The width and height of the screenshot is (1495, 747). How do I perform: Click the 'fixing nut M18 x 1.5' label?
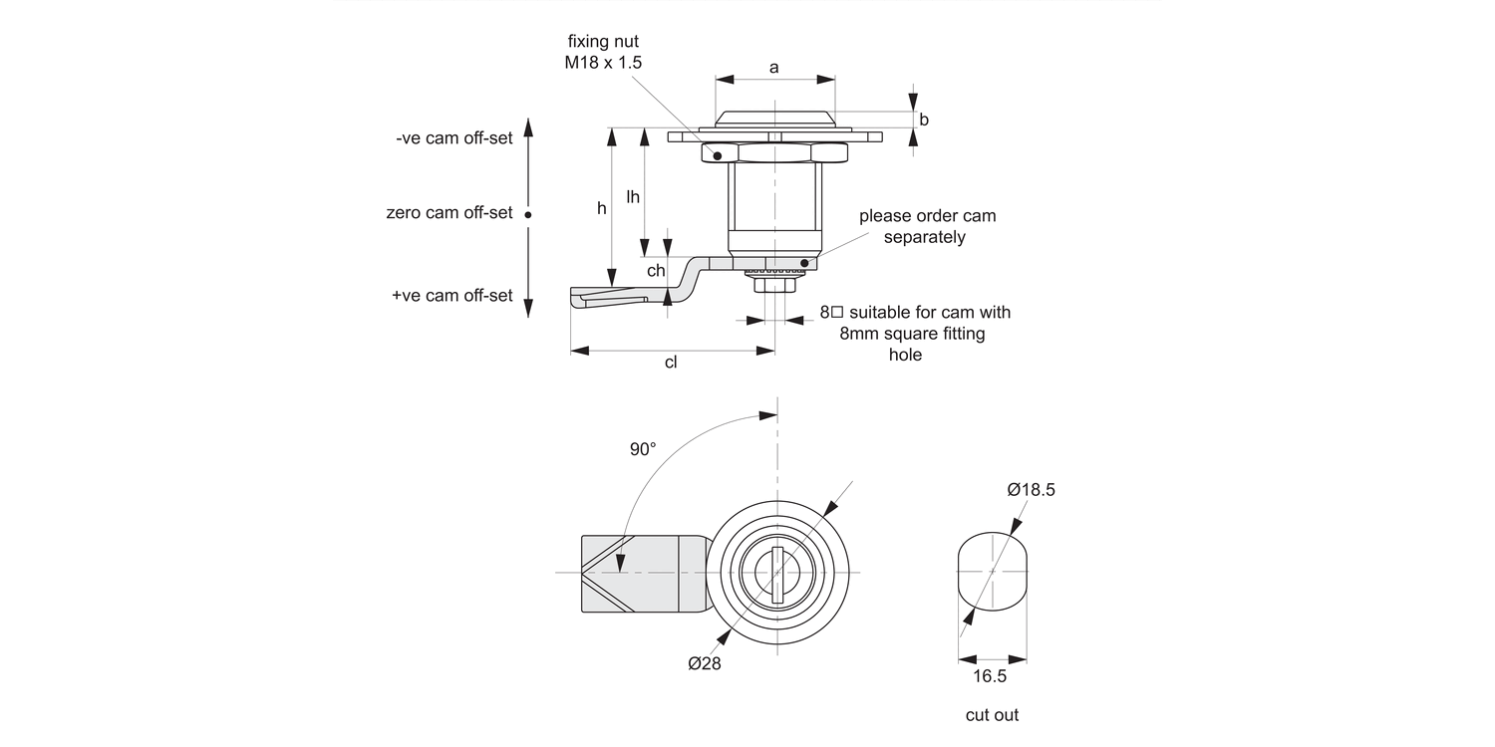click(603, 52)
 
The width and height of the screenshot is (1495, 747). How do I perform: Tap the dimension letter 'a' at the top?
click(773, 68)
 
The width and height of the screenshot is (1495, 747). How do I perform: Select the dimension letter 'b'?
click(924, 120)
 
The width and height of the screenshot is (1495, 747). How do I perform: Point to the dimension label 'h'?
click(601, 208)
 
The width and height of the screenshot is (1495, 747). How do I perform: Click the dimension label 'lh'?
click(633, 197)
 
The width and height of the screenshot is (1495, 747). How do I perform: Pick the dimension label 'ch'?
click(655, 271)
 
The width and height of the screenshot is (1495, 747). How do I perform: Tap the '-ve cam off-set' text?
click(453, 138)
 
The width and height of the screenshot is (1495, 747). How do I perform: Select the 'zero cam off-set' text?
click(448, 213)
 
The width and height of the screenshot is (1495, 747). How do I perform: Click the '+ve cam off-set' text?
click(451, 296)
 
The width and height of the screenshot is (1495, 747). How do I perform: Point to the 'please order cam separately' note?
click(926, 226)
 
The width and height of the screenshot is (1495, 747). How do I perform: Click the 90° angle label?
click(643, 449)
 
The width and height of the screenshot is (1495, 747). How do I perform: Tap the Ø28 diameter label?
click(704, 664)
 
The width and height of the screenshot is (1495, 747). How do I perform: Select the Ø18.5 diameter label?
click(1031, 490)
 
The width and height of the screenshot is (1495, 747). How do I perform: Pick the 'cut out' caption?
click(992, 715)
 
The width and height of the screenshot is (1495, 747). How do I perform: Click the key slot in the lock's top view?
click(776, 574)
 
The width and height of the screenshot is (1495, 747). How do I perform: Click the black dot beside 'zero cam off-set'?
click(528, 213)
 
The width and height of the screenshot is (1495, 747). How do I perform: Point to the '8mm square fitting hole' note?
click(914, 333)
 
